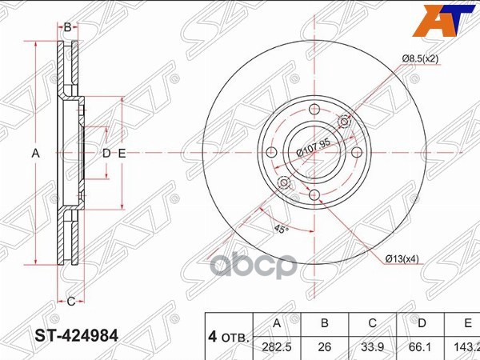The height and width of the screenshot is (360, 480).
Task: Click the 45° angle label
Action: (280, 229)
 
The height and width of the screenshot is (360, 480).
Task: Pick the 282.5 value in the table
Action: (276, 347)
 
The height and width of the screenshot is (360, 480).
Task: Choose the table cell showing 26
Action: (325, 347)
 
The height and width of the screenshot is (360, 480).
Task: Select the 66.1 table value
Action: (422, 347)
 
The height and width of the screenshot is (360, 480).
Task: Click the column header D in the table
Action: (422, 324)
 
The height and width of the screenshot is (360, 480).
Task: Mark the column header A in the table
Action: (276, 324)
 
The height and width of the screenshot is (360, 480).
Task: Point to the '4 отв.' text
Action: (228, 336)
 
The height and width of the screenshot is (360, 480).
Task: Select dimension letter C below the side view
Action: (70, 301)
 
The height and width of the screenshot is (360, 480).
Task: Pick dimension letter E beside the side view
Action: (122, 153)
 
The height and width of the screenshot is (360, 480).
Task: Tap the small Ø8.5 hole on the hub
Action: (345, 122)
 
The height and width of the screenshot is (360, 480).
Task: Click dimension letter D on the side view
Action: (106, 153)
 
